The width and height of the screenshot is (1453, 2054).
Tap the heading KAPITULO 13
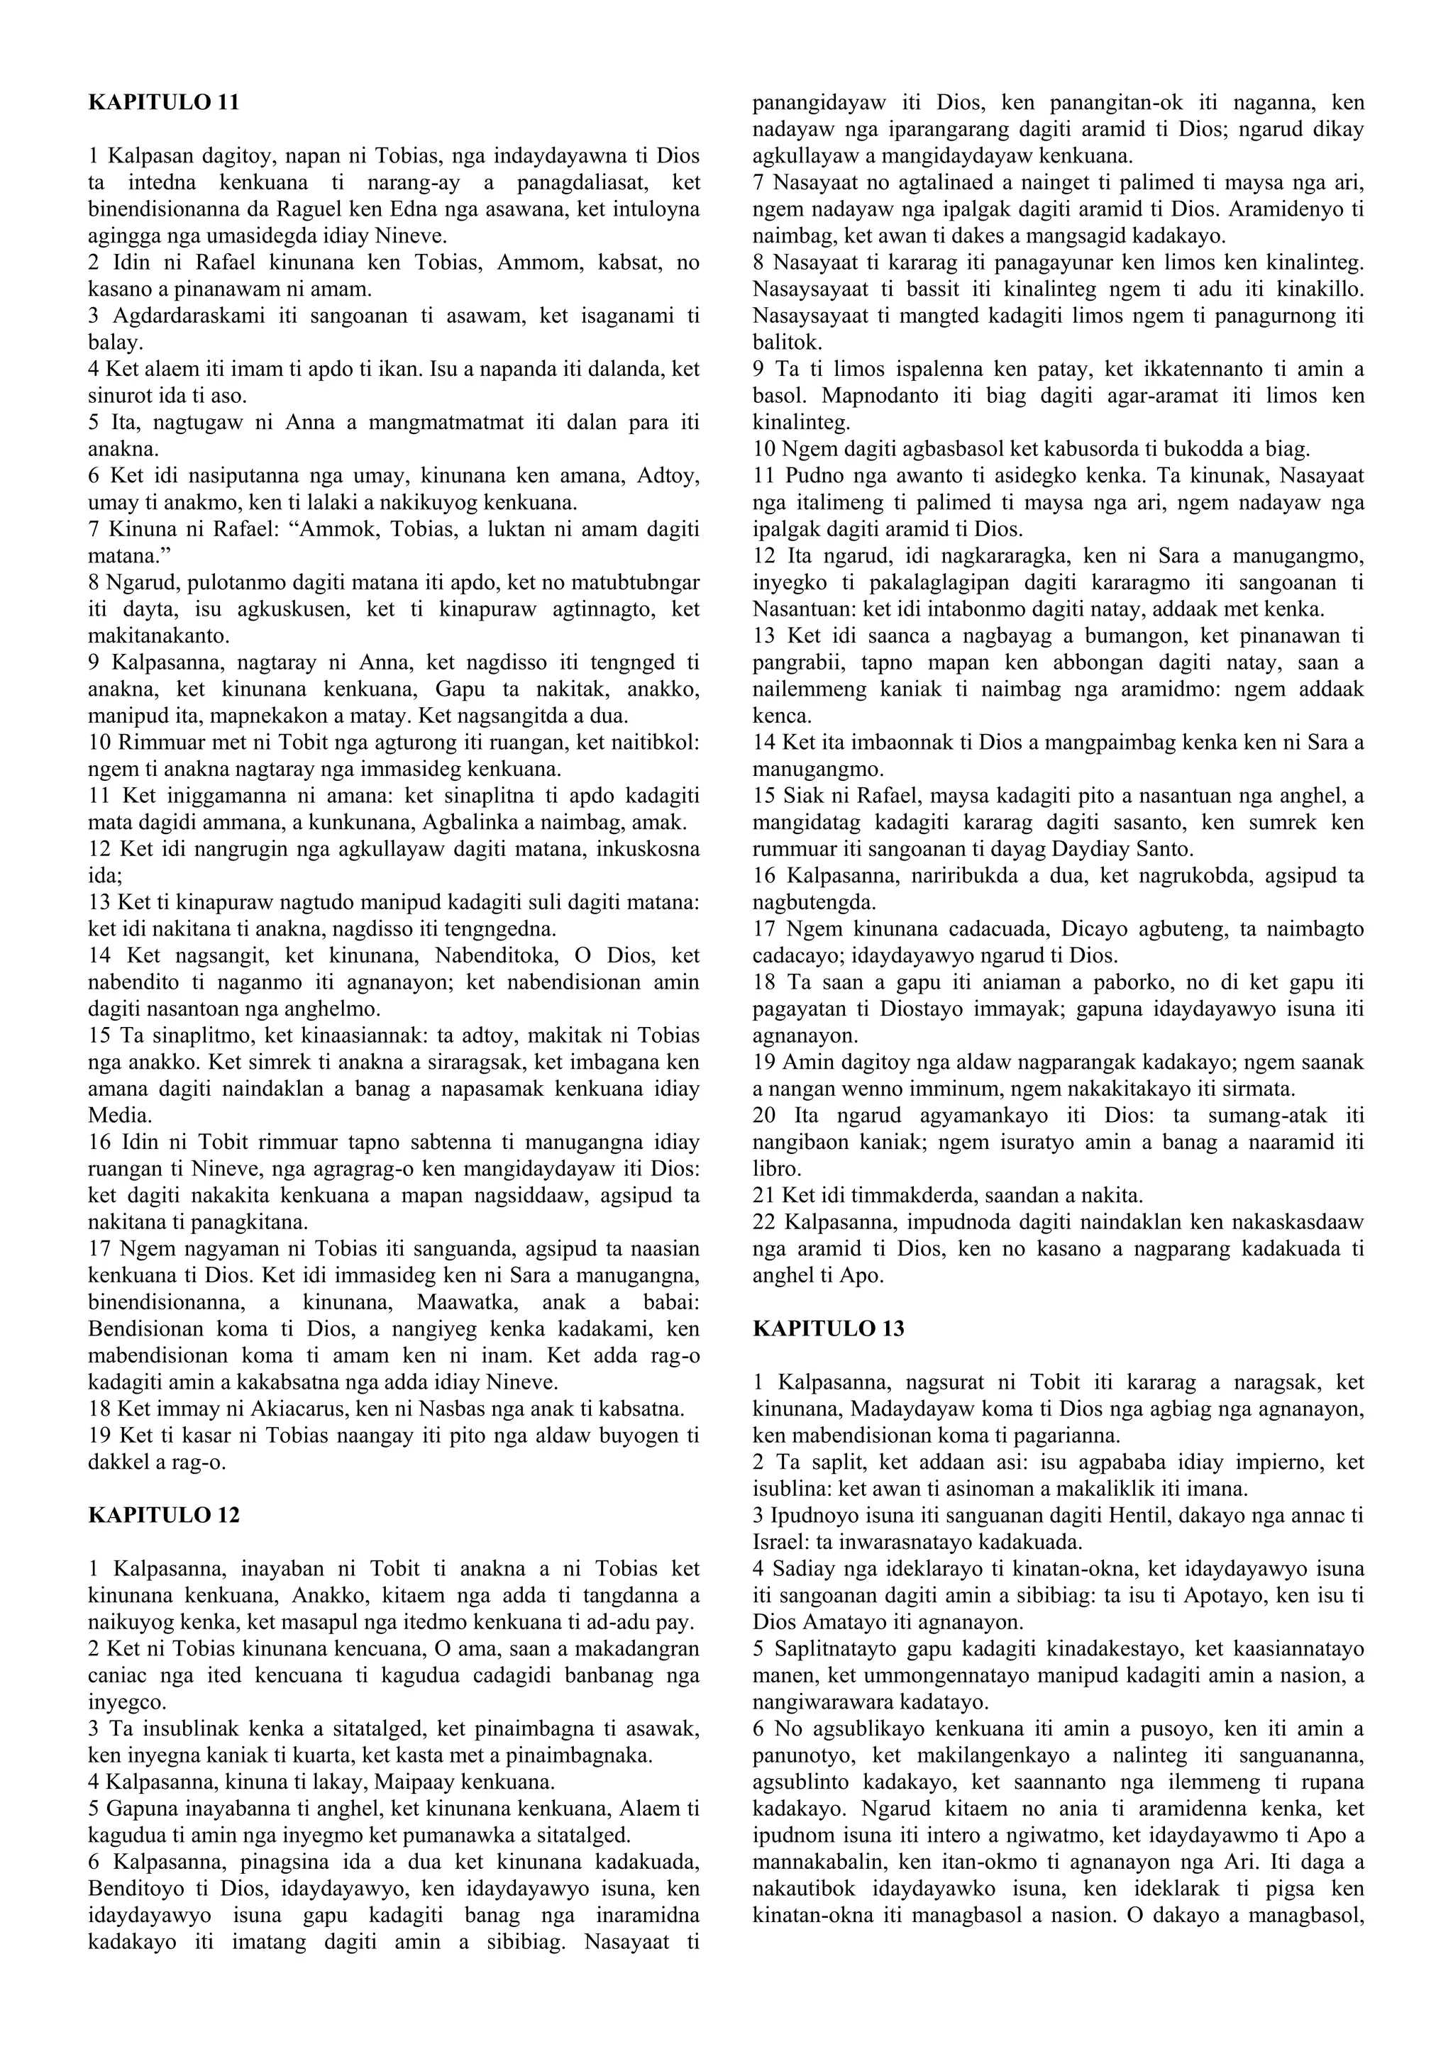(829, 1328)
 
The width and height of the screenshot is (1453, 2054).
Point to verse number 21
(766, 1195)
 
